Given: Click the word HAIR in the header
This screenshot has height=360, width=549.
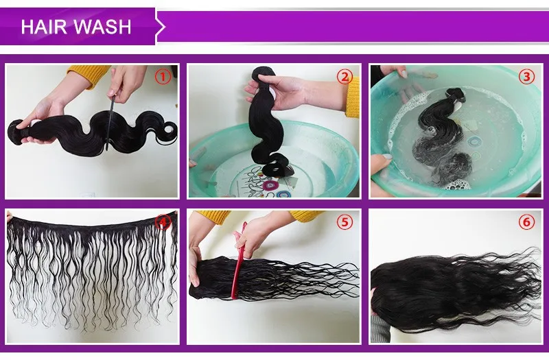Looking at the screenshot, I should coord(42,27).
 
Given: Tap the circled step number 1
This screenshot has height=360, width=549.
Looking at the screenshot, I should coord(162,77).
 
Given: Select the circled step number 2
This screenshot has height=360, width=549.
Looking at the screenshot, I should coord(344,77).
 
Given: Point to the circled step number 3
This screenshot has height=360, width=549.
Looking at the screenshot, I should coord(526,77).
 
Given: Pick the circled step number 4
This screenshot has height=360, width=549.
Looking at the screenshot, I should coord(163,221).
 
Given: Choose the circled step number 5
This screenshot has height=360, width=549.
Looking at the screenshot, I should coord(344,221).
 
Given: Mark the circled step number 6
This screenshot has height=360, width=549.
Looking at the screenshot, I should coord(526,221).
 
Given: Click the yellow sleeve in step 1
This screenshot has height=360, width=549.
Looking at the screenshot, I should coord(89,74).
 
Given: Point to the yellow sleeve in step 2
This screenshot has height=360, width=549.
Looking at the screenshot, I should coord(353,96).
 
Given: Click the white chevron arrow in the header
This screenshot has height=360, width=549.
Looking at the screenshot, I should coord(161,27).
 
